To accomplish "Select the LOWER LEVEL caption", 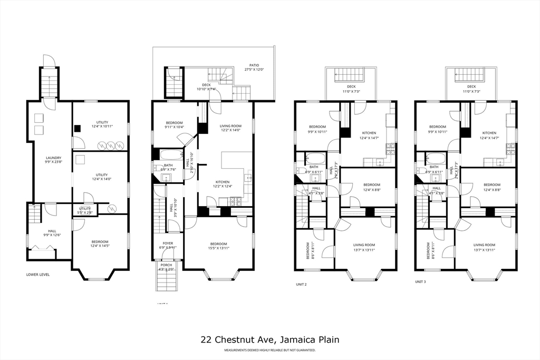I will pyautogui.click(x=38, y=274).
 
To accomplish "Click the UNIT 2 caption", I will pyautogui.click(x=301, y=284).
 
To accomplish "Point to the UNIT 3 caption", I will pyautogui.click(x=420, y=282).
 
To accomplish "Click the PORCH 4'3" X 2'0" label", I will pyautogui.click(x=166, y=267).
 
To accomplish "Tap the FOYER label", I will pyautogui.click(x=168, y=244).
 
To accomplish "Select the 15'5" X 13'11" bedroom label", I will pyautogui.click(x=218, y=246).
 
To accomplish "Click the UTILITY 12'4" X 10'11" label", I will pyautogui.click(x=101, y=124).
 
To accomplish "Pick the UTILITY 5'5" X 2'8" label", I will pyautogui.click(x=85, y=210).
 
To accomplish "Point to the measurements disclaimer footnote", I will pyautogui.click(x=269, y=350).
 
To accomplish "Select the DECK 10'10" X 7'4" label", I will pyautogui.click(x=206, y=87).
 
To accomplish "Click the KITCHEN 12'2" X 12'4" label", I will pyautogui.click(x=223, y=183).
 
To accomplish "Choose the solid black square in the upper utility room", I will pyautogui.click(x=77, y=127).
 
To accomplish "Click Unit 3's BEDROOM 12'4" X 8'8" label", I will pyautogui.click(x=491, y=187).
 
